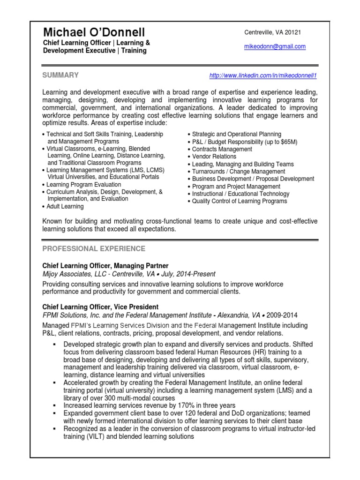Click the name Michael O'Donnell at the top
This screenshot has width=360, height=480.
(94, 32)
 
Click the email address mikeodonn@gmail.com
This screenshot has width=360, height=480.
(275, 46)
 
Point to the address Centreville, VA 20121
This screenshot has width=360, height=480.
(273, 32)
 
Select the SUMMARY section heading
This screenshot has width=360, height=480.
(60, 75)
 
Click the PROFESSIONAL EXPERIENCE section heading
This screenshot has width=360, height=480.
(94, 248)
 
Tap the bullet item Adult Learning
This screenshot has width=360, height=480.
(65, 206)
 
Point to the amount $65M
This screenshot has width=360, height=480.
(288, 142)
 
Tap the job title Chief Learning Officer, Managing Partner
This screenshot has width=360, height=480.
(105, 265)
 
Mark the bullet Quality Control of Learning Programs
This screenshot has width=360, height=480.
(240, 201)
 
